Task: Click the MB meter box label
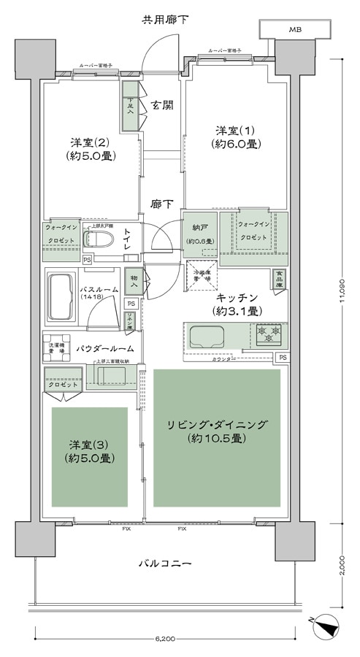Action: point(294,30)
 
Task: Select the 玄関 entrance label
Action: point(162,105)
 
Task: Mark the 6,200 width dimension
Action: point(164,639)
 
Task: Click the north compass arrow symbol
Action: point(324,626)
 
